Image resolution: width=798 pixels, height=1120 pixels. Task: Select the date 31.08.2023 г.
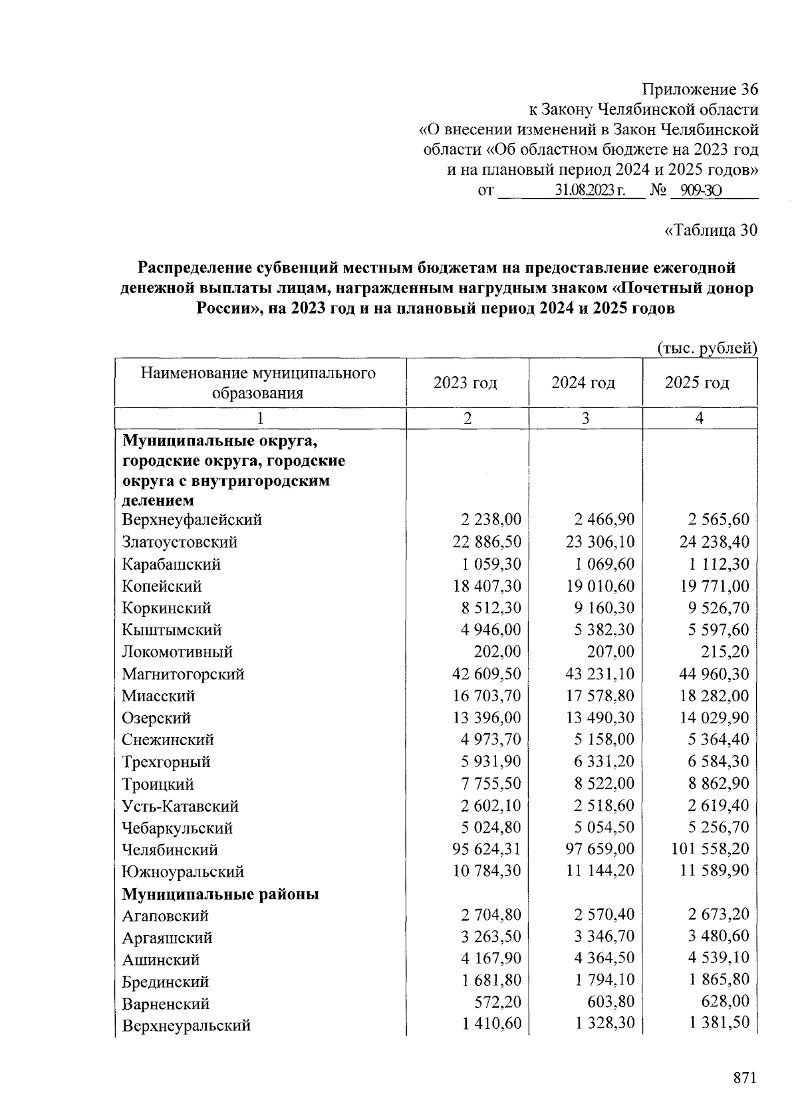590,191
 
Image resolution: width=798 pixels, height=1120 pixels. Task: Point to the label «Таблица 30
711,230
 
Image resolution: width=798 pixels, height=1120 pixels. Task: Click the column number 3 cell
585,418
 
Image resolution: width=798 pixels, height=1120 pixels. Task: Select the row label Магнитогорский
183,674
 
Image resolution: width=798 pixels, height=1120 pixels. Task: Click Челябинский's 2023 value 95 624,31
487,849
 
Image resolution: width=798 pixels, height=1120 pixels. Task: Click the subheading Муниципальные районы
220,894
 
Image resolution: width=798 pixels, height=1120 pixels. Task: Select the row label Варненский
166,1004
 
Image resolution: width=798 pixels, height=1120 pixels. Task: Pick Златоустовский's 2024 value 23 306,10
600,542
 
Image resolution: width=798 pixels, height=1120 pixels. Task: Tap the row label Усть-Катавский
180,806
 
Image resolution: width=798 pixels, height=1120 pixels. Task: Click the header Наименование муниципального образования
258,383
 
